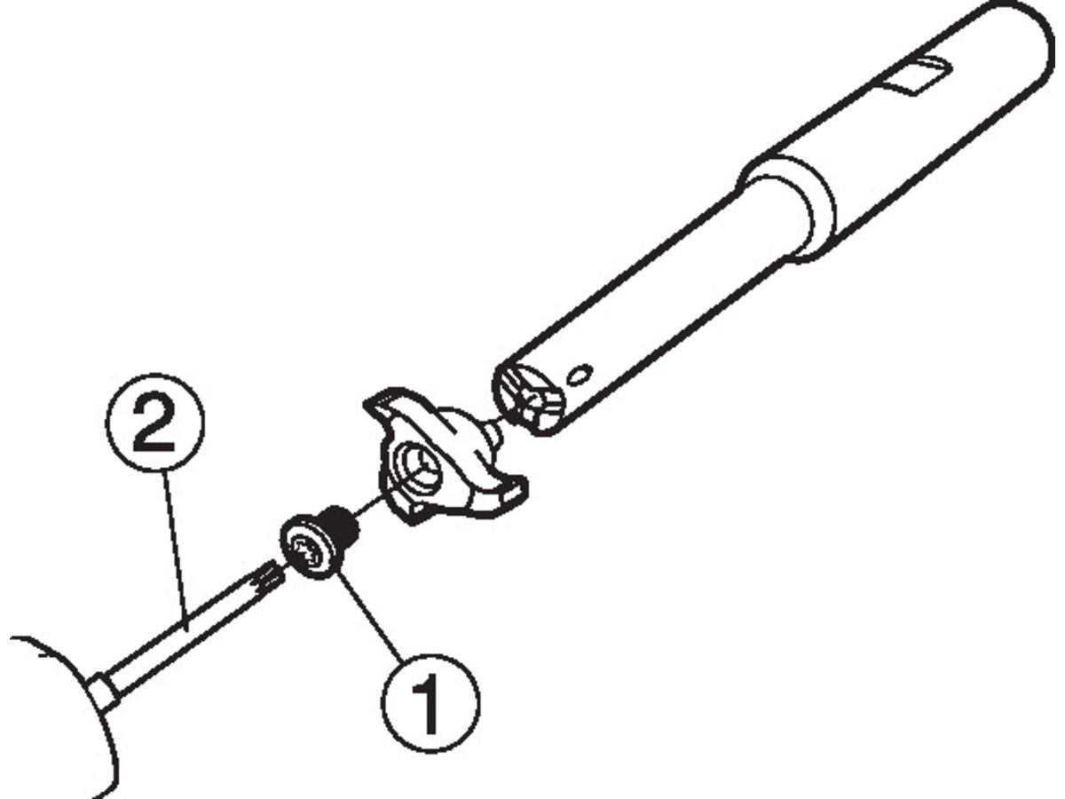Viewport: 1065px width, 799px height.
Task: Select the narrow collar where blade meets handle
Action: point(105,691)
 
